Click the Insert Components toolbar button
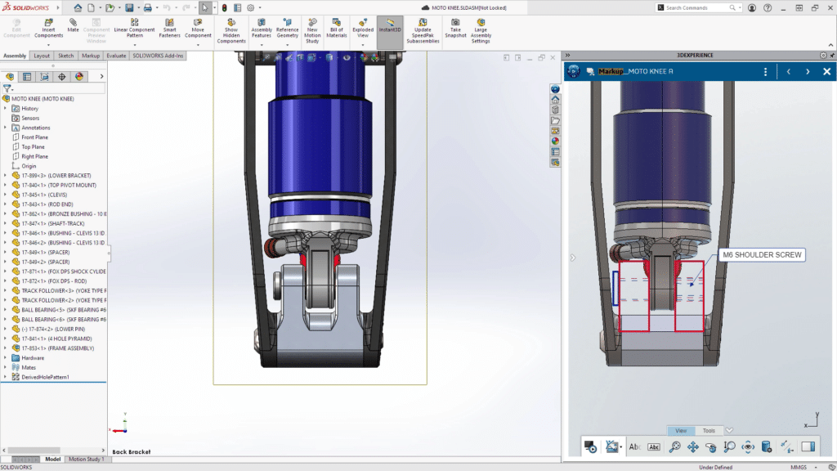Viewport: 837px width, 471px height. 48,29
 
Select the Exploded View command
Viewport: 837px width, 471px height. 363,29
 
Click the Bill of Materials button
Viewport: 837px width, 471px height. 337,29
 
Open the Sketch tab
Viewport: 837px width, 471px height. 65,56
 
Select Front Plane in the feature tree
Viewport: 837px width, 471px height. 34,137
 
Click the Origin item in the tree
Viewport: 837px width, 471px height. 29,166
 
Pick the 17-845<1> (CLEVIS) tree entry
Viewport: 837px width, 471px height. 45,195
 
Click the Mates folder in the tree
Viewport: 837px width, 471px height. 29,367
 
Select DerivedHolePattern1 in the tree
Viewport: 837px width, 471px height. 45,377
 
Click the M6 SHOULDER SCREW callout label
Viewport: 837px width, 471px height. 761,255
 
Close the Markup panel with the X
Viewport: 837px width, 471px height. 826,72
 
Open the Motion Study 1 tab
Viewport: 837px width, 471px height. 86,460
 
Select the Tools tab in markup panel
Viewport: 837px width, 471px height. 709,431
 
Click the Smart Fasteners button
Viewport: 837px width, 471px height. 169,29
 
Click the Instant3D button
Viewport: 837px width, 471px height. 390,29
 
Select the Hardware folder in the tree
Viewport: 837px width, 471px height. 33,357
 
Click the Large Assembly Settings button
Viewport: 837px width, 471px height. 481,29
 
